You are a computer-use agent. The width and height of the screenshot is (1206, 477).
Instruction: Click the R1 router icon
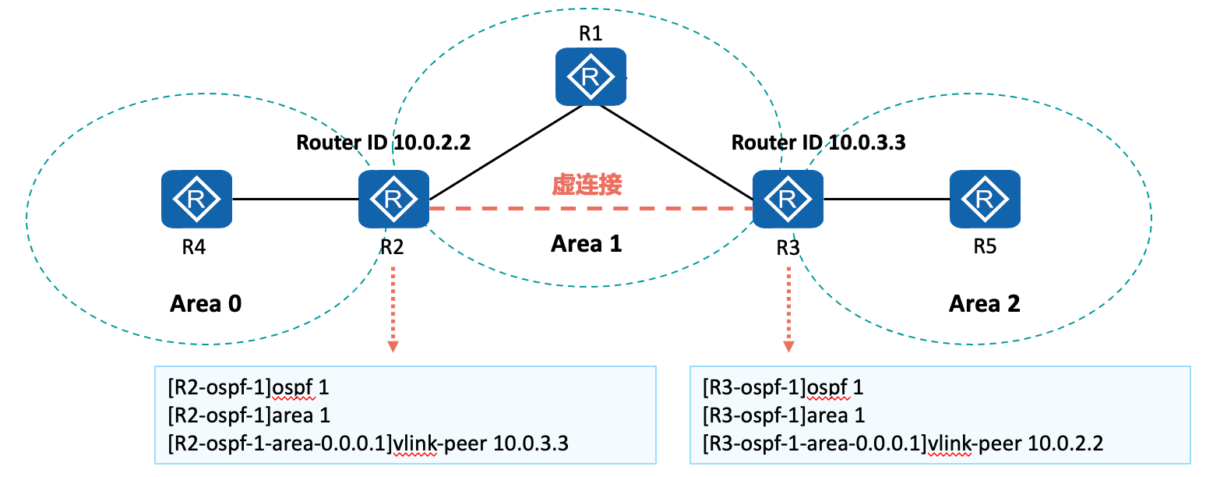click(x=591, y=76)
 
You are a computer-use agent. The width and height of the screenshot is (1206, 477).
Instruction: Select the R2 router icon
click(x=393, y=199)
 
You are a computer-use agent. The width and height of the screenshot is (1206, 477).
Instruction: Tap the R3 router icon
click(x=788, y=199)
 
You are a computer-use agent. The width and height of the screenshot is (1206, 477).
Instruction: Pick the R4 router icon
click(x=197, y=199)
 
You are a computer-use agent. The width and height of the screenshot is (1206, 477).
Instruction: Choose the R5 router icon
click(x=985, y=199)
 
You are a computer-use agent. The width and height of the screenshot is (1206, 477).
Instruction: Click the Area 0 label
click(x=206, y=303)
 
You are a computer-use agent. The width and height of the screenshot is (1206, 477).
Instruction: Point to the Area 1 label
click(x=586, y=244)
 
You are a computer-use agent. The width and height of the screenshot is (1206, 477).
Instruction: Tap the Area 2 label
click(x=984, y=303)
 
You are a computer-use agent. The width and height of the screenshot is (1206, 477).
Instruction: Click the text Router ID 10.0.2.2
click(x=383, y=143)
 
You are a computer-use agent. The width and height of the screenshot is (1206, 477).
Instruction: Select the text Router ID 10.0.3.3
click(x=818, y=143)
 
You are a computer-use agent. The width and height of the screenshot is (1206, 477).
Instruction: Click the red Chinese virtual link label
click(x=587, y=184)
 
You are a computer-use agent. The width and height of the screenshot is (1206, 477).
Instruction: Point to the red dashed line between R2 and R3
click(x=591, y=209)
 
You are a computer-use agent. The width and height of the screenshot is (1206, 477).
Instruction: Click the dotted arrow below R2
click(x=393, y=308)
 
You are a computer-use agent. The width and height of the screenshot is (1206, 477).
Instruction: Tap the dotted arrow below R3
click(x=788, y=308)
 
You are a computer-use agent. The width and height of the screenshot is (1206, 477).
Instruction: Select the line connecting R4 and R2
click(x=295, y=199)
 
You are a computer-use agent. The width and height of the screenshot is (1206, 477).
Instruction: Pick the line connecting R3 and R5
click(x=887, y=199)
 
